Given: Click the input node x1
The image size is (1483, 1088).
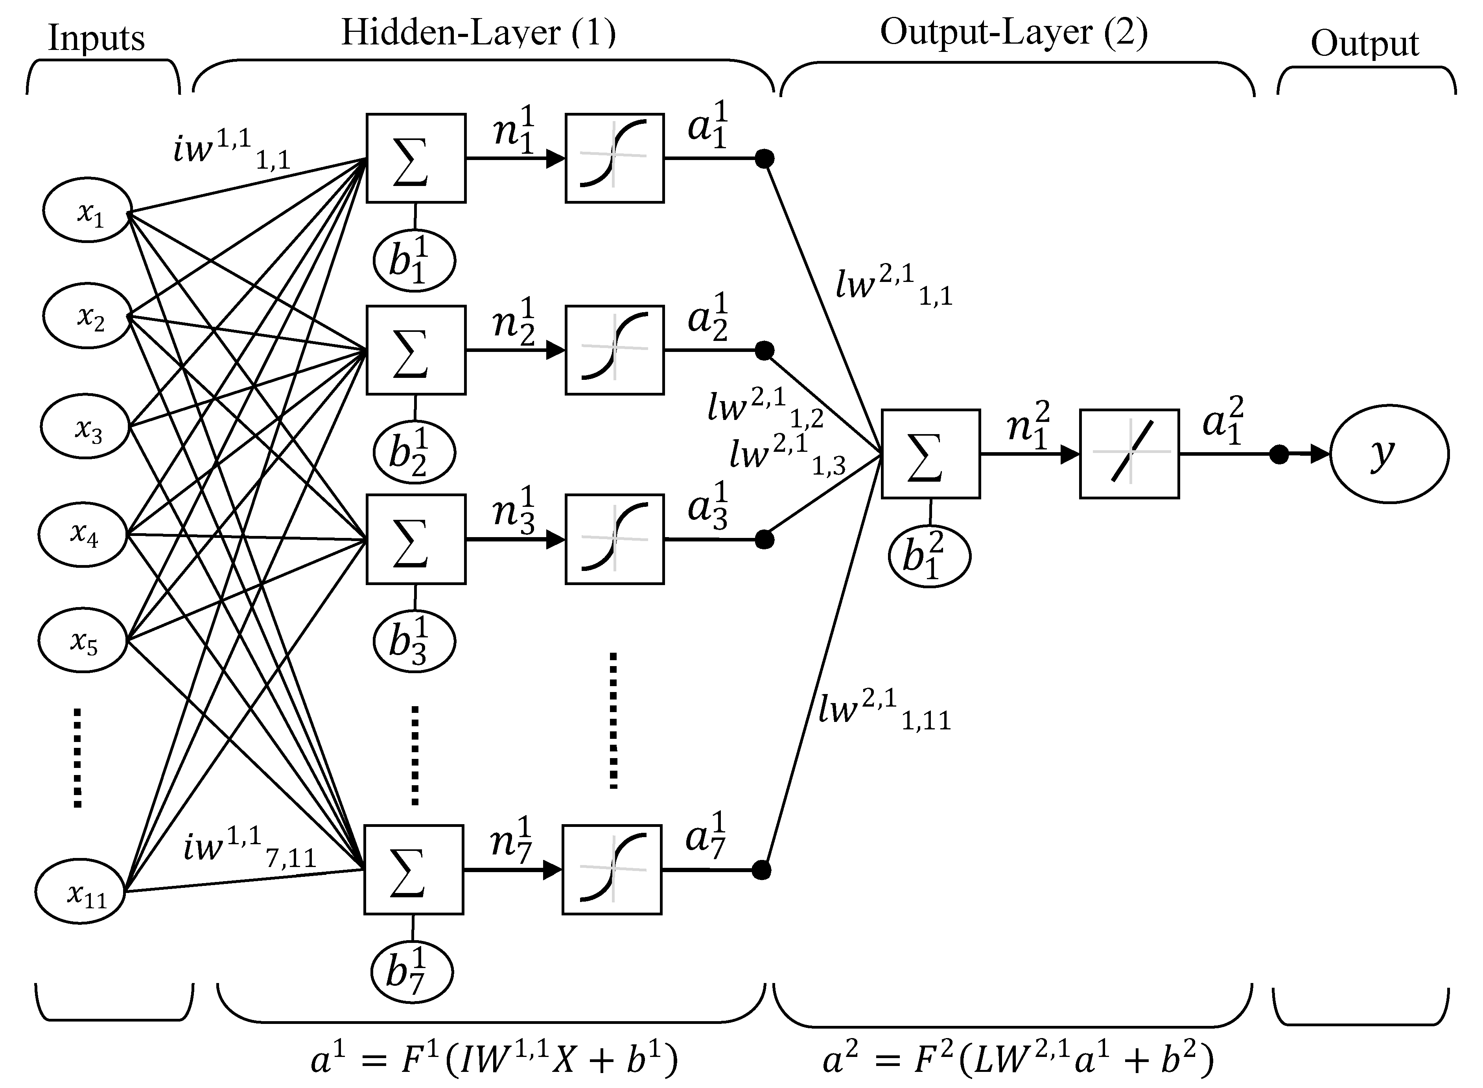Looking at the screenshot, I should click(x=88, y=211).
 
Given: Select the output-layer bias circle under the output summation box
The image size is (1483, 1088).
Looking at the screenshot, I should click(x=929, y=556).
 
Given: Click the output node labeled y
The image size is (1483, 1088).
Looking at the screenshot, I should click(x=1389, y=454).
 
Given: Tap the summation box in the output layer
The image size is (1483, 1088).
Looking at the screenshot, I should click(x=930, y=454).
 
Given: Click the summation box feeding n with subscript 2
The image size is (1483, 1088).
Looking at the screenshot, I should click(x=416, y=350).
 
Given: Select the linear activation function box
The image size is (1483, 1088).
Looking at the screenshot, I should click(x=1129, y=454).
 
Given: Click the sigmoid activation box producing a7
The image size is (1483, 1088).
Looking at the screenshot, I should click(x=612, y=869).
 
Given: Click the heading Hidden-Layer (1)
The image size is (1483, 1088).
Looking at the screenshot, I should click(x=478, y=33).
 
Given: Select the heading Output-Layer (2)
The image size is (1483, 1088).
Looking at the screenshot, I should click(x=1014, y=31).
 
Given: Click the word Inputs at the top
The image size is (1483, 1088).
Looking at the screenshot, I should click(x=96, y=38).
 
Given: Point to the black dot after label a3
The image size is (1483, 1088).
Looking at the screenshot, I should click(x=764, y=540).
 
